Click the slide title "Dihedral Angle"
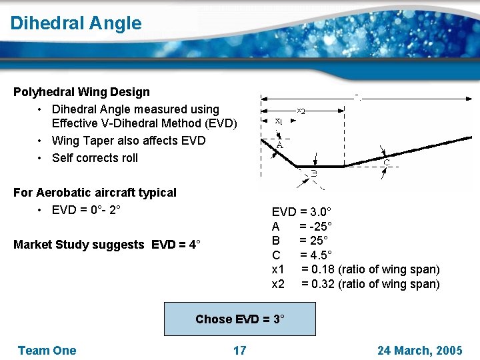point(76,23)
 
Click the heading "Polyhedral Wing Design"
point(81,92)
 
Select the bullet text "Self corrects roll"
point(95,158)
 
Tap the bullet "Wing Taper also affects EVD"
point(128,141)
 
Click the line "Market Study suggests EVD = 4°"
point(107,245)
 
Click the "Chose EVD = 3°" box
point(239,319)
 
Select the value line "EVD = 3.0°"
point(299,212)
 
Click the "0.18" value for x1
point(317,269)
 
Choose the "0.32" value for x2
point(317,284)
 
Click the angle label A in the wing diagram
point(279,145)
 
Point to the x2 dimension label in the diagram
point(301,111)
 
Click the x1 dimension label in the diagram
point(279,121)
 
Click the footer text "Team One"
point(47,351)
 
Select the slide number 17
point(239,351)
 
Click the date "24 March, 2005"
point(419,351)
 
